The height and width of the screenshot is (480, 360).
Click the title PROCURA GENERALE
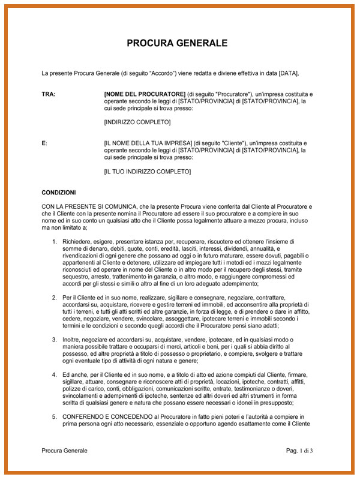pyautogui.click(x=177, y=43)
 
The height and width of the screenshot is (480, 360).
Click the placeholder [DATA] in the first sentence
pyautogui.click(x=288, y=73)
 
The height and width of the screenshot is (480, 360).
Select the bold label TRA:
pyautogui.click(x=49, y=94)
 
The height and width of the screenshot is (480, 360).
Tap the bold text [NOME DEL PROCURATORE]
pyautogui.click(x=145, y=94)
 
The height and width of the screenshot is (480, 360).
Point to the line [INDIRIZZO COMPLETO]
pyautogui.click(x=137, y=122)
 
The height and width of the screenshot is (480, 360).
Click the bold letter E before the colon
pyautogui.click(x=43, y=143)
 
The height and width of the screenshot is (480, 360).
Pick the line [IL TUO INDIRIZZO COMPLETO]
pyautogui.click(x=148, y=172)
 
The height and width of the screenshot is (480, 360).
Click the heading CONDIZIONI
pyautogui.click(x=59, y=193)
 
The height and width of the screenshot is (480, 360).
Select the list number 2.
pyautogui.click(x=54, y=298)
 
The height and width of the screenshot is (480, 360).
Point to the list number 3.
pyautogui.click(x=54, y=340)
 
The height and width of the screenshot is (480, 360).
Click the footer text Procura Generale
pyautogui.click(x=64, y=451)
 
